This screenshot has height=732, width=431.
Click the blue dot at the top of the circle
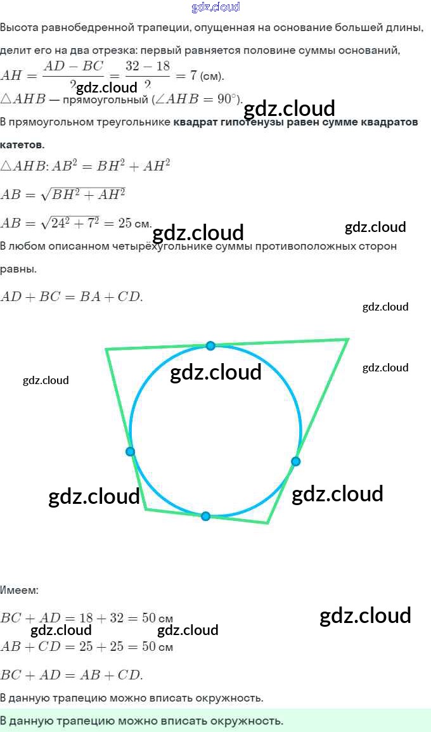[x=210, y=345]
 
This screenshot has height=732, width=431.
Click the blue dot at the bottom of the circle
[x=205, y=517]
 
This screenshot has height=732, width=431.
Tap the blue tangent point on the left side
[x=130, y=452]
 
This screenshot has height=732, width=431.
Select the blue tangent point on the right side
[x=295, y=461]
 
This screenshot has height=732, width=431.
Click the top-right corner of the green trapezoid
[x=347, y=340]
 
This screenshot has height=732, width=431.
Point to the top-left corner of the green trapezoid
[x=106, y=349]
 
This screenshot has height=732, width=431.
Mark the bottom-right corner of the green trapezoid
[x=267, y=523]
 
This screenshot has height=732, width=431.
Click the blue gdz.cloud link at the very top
[x=215, y=8]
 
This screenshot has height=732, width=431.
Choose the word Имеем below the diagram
[x=19, y=590]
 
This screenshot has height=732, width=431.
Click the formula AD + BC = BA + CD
[x=72, y=296]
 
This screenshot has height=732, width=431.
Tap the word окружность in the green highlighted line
[x=249, y=721]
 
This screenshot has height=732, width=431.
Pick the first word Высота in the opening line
[x=18, y=28]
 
